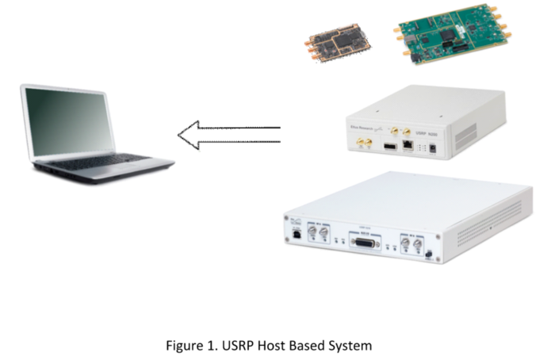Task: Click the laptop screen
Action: tap(70, 118)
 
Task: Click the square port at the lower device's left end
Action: tap(296, 236)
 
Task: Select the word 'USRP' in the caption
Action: tap(239, 346)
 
